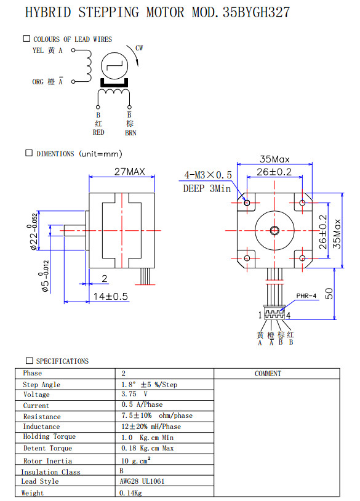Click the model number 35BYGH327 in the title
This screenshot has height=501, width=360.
click(x=256, y=12)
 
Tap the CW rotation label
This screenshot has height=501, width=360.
click(x=139, y=48)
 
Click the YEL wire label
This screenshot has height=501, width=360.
click(x=38, y=50)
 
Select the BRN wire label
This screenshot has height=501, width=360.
click(x=130, y=133)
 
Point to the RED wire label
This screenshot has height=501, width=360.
click(x=98, y=132)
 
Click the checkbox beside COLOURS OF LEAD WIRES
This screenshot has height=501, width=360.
click(x=26, y=39)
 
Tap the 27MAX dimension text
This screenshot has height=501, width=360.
click(x=129, y=172)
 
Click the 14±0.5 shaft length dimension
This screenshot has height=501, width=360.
click(x=111, y=297)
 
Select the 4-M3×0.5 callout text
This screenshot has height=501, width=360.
click(x=207, y=175)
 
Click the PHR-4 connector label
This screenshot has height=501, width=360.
click(x=306, y=296)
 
